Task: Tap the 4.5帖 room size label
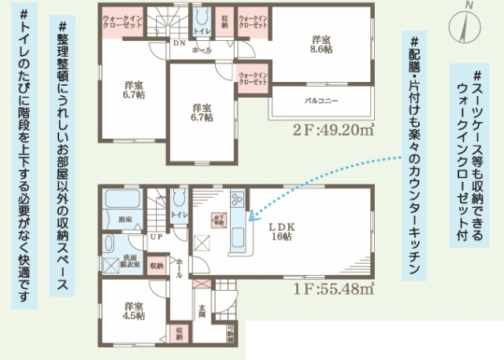[133, 311]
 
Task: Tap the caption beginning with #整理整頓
[62, 158]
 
